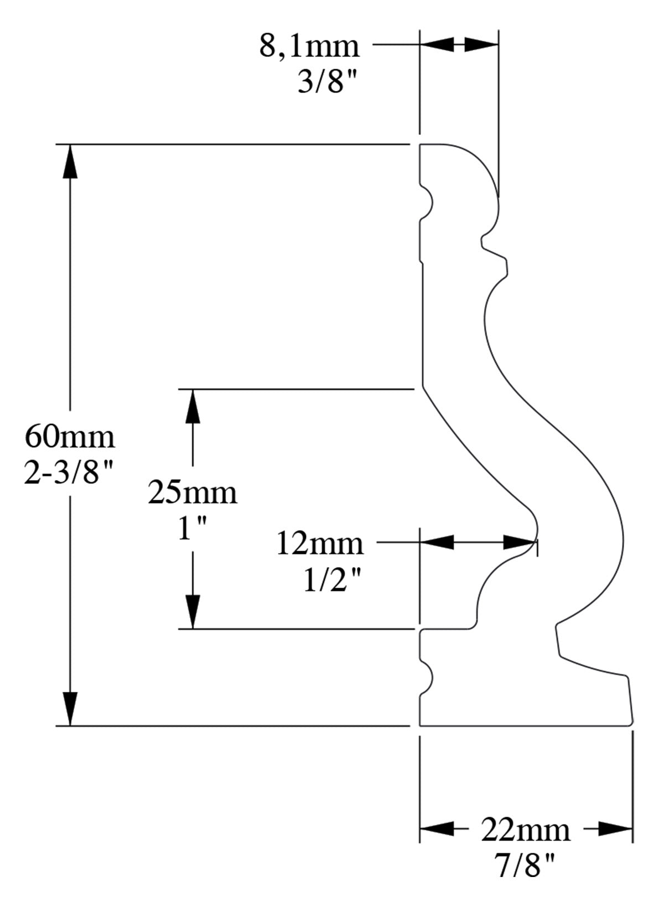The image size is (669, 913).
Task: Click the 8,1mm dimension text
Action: pyautogui.click(x=309, y=46)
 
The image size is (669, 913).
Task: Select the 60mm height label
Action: pyautogui.click(x=70, y=437)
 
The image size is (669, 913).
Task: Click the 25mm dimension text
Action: pyautogui.click(x=192, y=492)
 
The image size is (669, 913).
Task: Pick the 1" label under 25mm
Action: pyautogui.click(x=192, y=530)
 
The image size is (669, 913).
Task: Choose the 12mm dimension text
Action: pyautogui.click(x=320, y=543)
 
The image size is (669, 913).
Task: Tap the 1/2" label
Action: pyautogui.click(x=332, y=580)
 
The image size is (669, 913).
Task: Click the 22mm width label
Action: pyautogui.click(x=525, y=829)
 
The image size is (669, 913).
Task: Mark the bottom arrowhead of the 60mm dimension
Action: pyautogui.click(x=70, y=708)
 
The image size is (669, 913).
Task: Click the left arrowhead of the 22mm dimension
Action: pyautogui.click(x=436, y=828)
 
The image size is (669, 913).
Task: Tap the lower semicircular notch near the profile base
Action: pyautogui.click(x=427, y=676)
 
